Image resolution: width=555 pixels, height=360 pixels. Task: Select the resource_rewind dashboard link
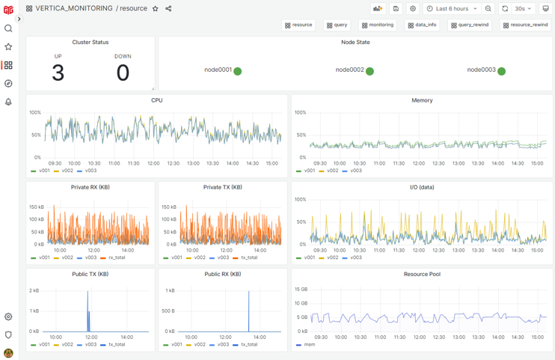[x=525, y=25]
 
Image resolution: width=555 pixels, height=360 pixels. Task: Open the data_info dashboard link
[x=422, y=25]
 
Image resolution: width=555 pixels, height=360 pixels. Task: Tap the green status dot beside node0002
[x=370, y=71]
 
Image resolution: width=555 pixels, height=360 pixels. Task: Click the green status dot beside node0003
[x=501, y=71]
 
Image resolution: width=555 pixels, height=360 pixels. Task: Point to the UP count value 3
[x=58, y=73]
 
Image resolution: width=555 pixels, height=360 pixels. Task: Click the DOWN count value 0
[x=123, y=73]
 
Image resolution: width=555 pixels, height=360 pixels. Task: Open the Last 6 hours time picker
[x=451, y=9]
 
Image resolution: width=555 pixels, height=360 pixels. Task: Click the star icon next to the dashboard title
[x=156, y=9]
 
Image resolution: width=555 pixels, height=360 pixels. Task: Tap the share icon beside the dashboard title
[x=168, y=9]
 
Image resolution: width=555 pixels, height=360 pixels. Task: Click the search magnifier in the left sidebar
[x=8, y=28]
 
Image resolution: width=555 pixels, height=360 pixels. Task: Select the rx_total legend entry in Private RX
[x=116, y=257]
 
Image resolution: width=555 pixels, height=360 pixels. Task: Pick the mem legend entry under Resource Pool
[x=309, y=344]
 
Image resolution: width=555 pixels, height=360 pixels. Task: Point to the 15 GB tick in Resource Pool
[x=301, y=289]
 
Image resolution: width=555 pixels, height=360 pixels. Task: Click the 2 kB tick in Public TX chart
[x=34, y=290]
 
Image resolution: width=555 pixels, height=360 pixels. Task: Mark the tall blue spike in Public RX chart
[x=248, y=311]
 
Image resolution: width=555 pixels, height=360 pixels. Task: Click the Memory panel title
[x=421, y=100]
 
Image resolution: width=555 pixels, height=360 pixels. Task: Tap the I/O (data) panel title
[x=421, y=187]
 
